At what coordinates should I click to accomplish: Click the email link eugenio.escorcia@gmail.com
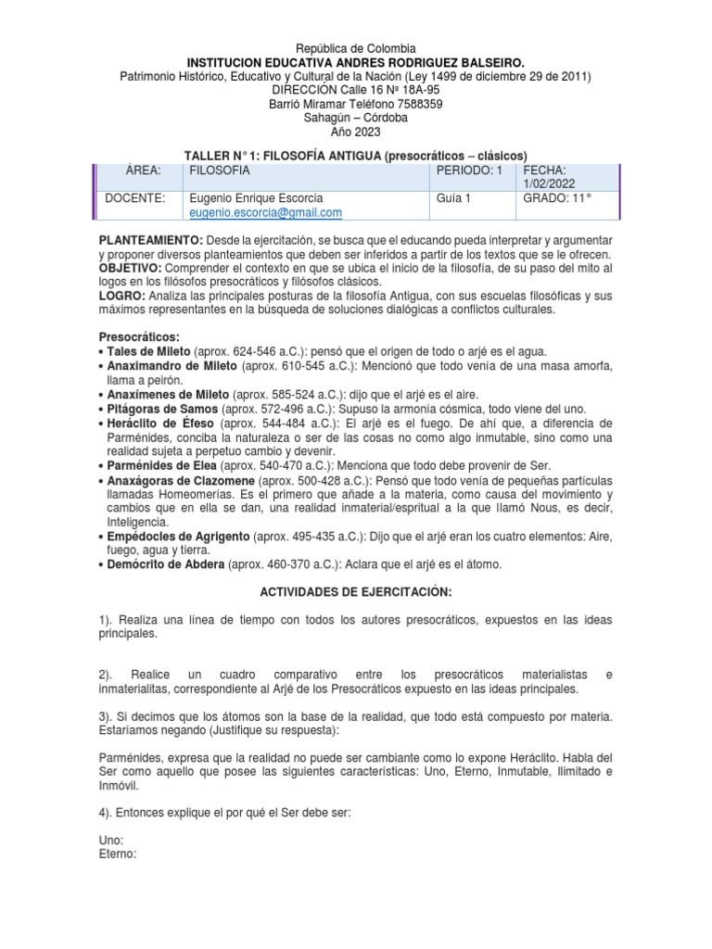click(265, 212)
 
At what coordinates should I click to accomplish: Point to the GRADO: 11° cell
click(556, 198)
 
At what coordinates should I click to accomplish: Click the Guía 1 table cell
click(453, 198)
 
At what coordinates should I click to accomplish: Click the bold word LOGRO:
click(121, 296)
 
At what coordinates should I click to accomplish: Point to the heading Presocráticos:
click(139, 336)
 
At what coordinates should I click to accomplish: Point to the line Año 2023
click(356, 132)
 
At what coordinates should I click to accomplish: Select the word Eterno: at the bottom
click(117, 854)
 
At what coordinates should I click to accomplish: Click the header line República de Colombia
click(356, 48)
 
